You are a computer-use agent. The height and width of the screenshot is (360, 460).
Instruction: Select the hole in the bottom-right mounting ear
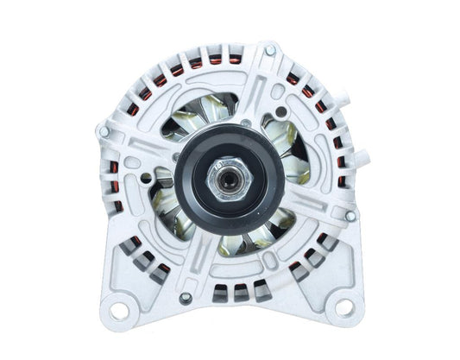click(x=342, y=306)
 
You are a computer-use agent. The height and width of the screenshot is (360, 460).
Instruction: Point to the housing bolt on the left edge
click(x=104, y=131)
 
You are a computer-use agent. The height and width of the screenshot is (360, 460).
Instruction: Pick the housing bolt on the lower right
click(x=350, y=215)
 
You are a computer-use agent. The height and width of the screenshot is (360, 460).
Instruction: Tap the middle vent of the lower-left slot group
click(x=142, y=256)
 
